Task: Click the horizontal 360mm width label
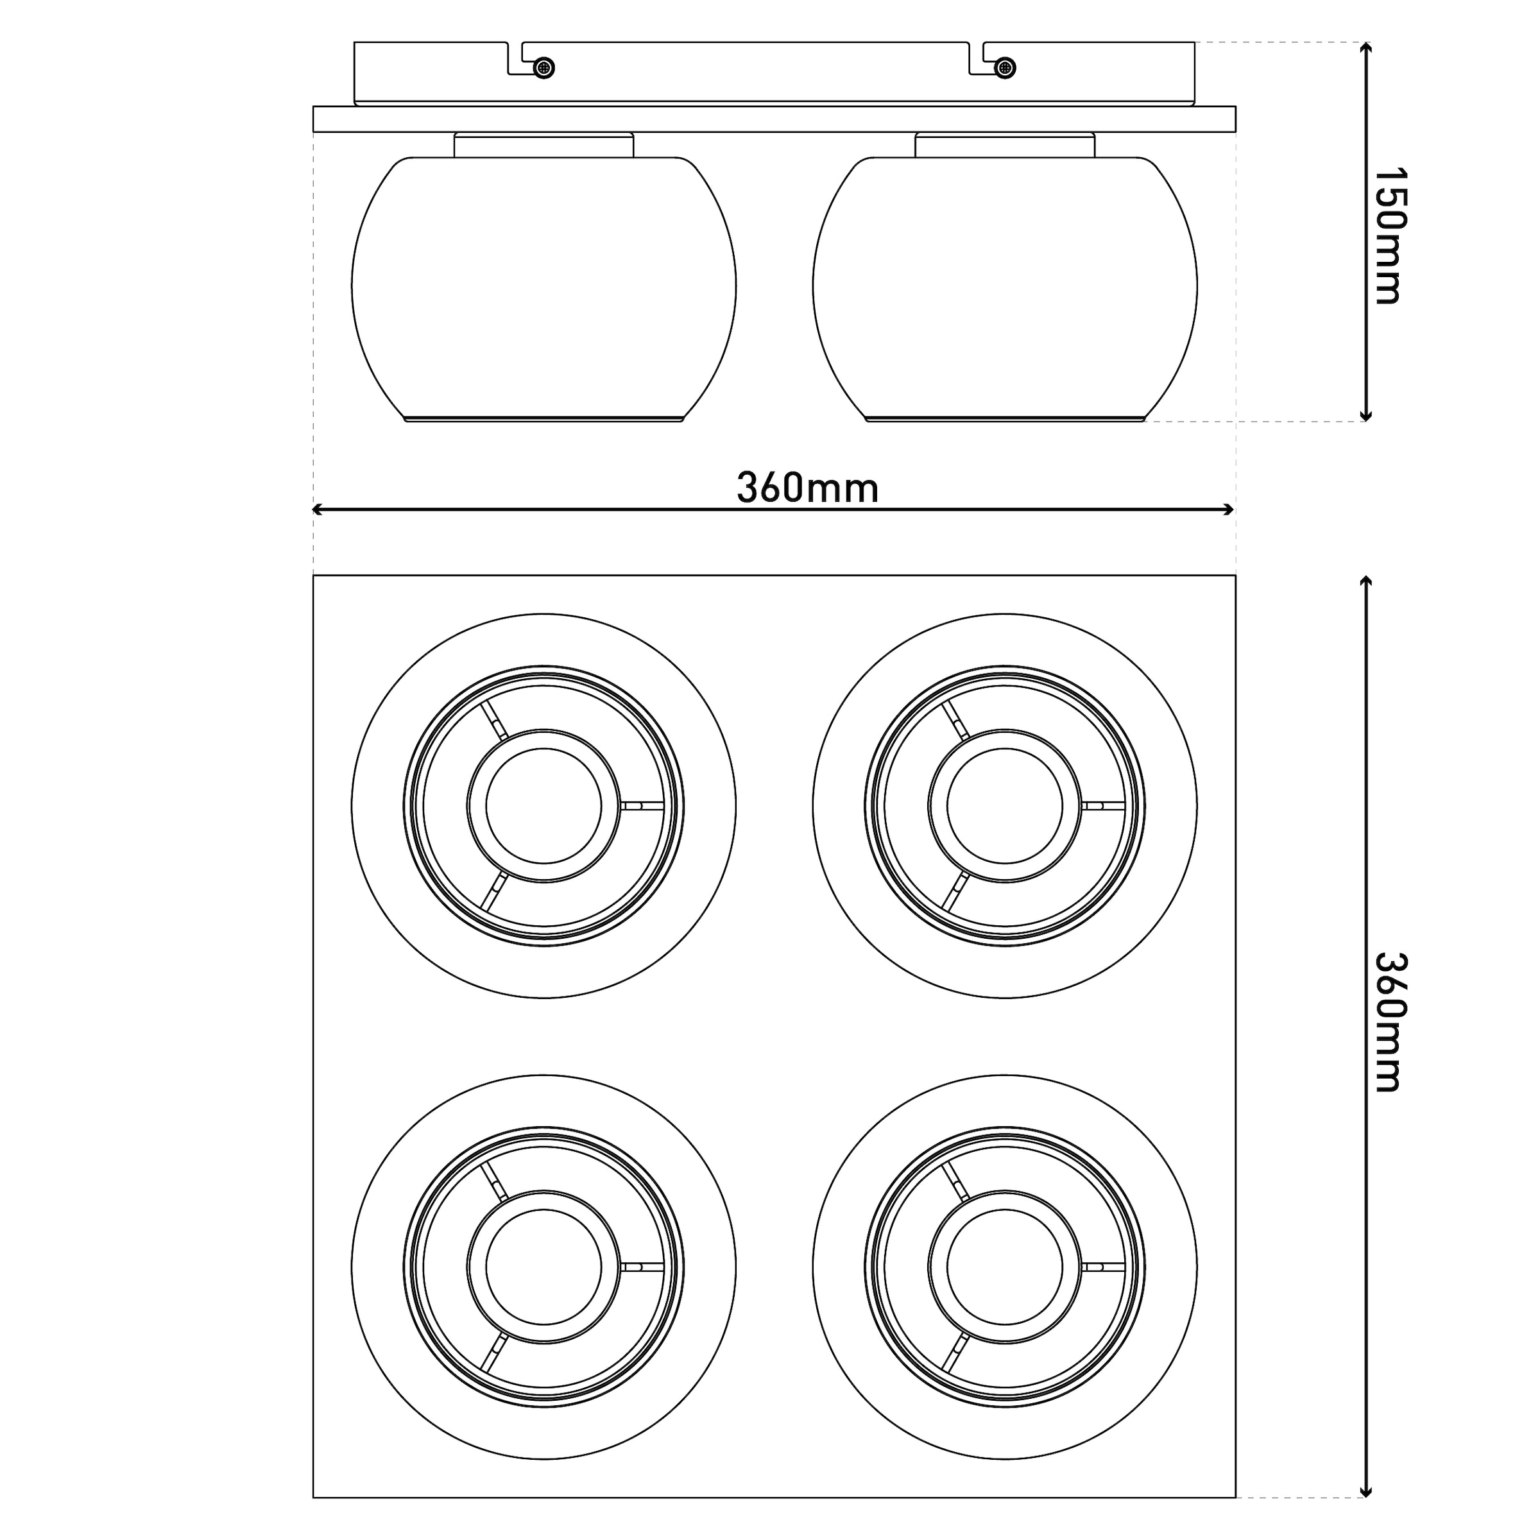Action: (x=807, y=488)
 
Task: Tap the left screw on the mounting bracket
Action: (x=543, y=68)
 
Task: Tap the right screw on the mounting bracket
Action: (x=1006, y=68)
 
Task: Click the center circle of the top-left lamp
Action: (x=543, y=806)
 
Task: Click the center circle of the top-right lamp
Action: (x=1005, y=806)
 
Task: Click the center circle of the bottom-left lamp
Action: (x=543, y=1267)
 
